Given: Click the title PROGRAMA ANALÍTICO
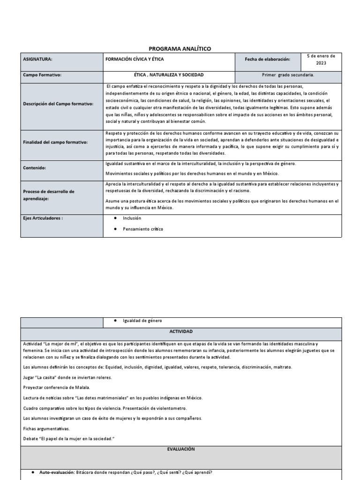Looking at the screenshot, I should tap(180, 48).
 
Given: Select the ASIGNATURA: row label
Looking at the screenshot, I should tap(37, 60).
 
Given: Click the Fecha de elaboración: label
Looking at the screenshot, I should tap(267, 60).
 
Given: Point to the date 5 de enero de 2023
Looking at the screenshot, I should tap(321, 59).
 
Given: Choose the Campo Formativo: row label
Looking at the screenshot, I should tap(42, 75).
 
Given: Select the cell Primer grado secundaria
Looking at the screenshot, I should tap(288, 75).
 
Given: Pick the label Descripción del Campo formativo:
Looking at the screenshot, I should tap(58, 104).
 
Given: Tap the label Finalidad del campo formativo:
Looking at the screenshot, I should tap(55, 142).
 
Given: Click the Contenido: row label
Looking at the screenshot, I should tap(35, 167).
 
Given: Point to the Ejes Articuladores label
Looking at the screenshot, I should tap(43, 218).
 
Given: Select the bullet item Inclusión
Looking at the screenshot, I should tap(132, 218).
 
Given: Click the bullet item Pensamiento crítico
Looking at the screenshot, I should tap(143, 229).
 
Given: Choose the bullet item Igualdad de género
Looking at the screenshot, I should tap(142, 321).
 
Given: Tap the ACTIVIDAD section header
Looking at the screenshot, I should tap(180, 331).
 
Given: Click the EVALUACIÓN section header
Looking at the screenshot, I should tap(180, 449).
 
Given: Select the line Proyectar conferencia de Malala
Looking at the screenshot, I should tap(56, 387).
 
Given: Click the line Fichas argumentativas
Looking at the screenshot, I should tap(46, 428).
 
